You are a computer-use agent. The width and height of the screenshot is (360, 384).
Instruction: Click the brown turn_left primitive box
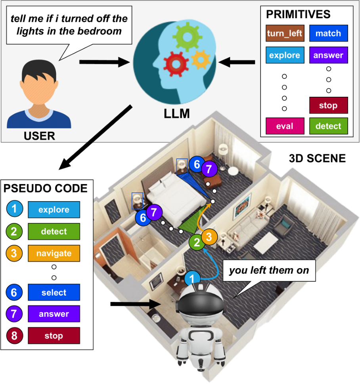click(285, 34)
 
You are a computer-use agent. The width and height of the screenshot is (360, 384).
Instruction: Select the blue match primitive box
click(328, 34)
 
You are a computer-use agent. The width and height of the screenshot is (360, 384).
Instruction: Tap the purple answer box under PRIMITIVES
click(328, 55)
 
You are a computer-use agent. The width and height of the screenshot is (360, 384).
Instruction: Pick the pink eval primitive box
click(285, 126)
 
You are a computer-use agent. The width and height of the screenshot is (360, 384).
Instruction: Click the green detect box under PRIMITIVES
click(328, 126)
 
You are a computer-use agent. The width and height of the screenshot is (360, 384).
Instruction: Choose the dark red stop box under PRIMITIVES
click(328, 106)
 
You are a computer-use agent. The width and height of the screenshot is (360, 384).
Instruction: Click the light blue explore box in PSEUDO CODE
click(54, 210)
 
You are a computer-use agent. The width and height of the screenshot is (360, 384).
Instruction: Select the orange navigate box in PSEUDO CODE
click(54, 253)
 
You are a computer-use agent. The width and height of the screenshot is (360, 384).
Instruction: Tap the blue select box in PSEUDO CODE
click(54, 293)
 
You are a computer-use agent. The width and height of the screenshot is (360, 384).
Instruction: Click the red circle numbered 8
click(14, 336)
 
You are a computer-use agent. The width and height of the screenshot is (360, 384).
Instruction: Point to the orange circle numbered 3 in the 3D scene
click(210, 237)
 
